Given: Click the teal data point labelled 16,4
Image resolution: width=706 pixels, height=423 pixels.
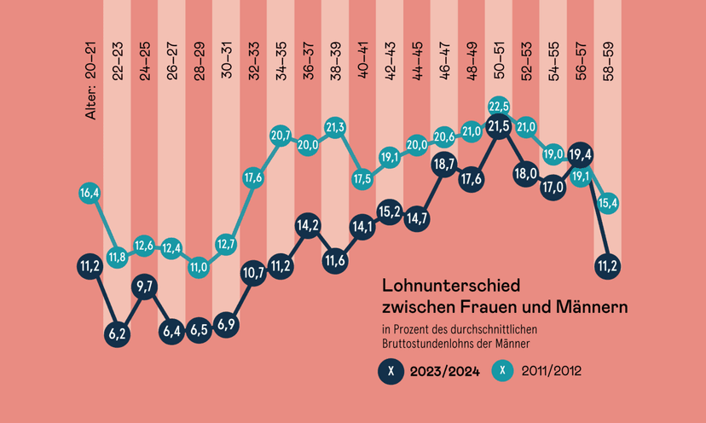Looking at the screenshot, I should pos(90,194).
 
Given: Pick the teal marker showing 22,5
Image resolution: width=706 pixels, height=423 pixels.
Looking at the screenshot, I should pos(499,106).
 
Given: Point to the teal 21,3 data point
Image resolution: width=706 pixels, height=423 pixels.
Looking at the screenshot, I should pos(335,127).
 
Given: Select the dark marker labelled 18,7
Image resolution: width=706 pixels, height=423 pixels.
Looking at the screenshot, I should pos(444,164).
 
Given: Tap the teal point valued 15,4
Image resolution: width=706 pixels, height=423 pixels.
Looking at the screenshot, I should pos(608,203).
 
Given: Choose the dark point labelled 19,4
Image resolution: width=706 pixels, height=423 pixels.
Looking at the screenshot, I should pos(581,154).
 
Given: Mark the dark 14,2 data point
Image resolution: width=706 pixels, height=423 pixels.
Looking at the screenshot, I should pos(308,226).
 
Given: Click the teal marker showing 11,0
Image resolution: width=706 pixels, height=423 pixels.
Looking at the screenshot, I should pos(199,266).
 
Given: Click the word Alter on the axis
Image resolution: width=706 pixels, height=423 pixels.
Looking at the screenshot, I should pos(90,103).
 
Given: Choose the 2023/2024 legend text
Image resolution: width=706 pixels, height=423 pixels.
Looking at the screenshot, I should pos(444,371).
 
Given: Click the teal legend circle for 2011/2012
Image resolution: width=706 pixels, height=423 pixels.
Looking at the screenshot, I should pos(505,371).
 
